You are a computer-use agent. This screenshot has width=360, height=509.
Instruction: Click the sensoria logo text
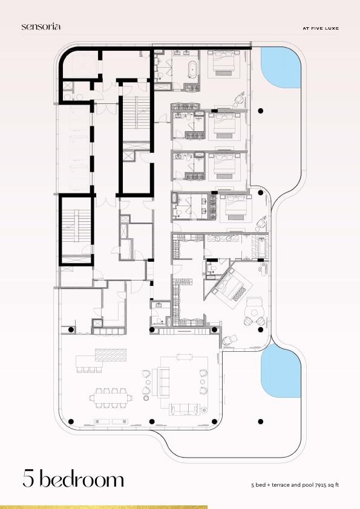(41, 26)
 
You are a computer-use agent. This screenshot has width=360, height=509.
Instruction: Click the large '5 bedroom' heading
(73, 479)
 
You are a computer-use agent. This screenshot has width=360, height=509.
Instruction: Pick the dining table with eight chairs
(113, 398)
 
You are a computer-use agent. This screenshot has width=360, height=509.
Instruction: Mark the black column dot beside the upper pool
(261, 111)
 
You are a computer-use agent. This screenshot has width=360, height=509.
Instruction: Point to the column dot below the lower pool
(261, 421)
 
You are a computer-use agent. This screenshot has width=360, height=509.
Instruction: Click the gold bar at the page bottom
(103, 507)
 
